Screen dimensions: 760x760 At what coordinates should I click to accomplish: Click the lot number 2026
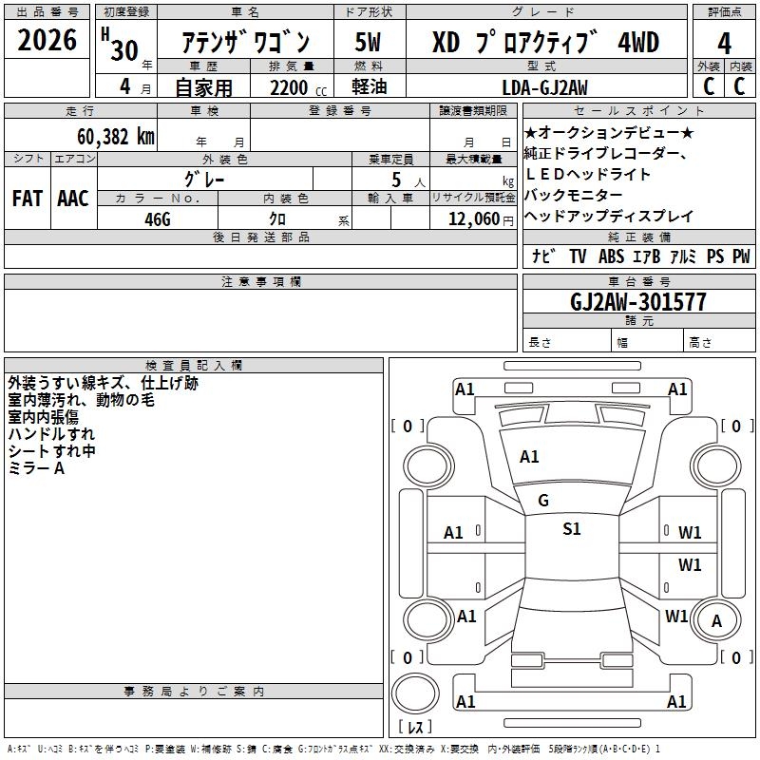click(x=47, y=40)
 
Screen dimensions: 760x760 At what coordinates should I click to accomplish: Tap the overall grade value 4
click(x=724, y=43)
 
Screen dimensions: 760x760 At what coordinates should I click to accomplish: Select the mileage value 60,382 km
click(x=116, y=137)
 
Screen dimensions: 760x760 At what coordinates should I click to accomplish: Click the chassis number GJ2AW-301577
click(x=637, y=302)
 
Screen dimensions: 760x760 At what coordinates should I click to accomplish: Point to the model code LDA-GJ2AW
click(x=544, y=87)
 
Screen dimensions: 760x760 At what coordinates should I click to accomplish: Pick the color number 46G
click(x=158, y=219)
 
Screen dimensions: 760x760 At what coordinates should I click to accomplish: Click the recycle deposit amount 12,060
click(x=474, y=219)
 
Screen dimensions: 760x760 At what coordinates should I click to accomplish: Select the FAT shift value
click(x=28, y=199)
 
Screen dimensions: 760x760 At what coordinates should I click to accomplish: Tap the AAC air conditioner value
click(x=73, y=199)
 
